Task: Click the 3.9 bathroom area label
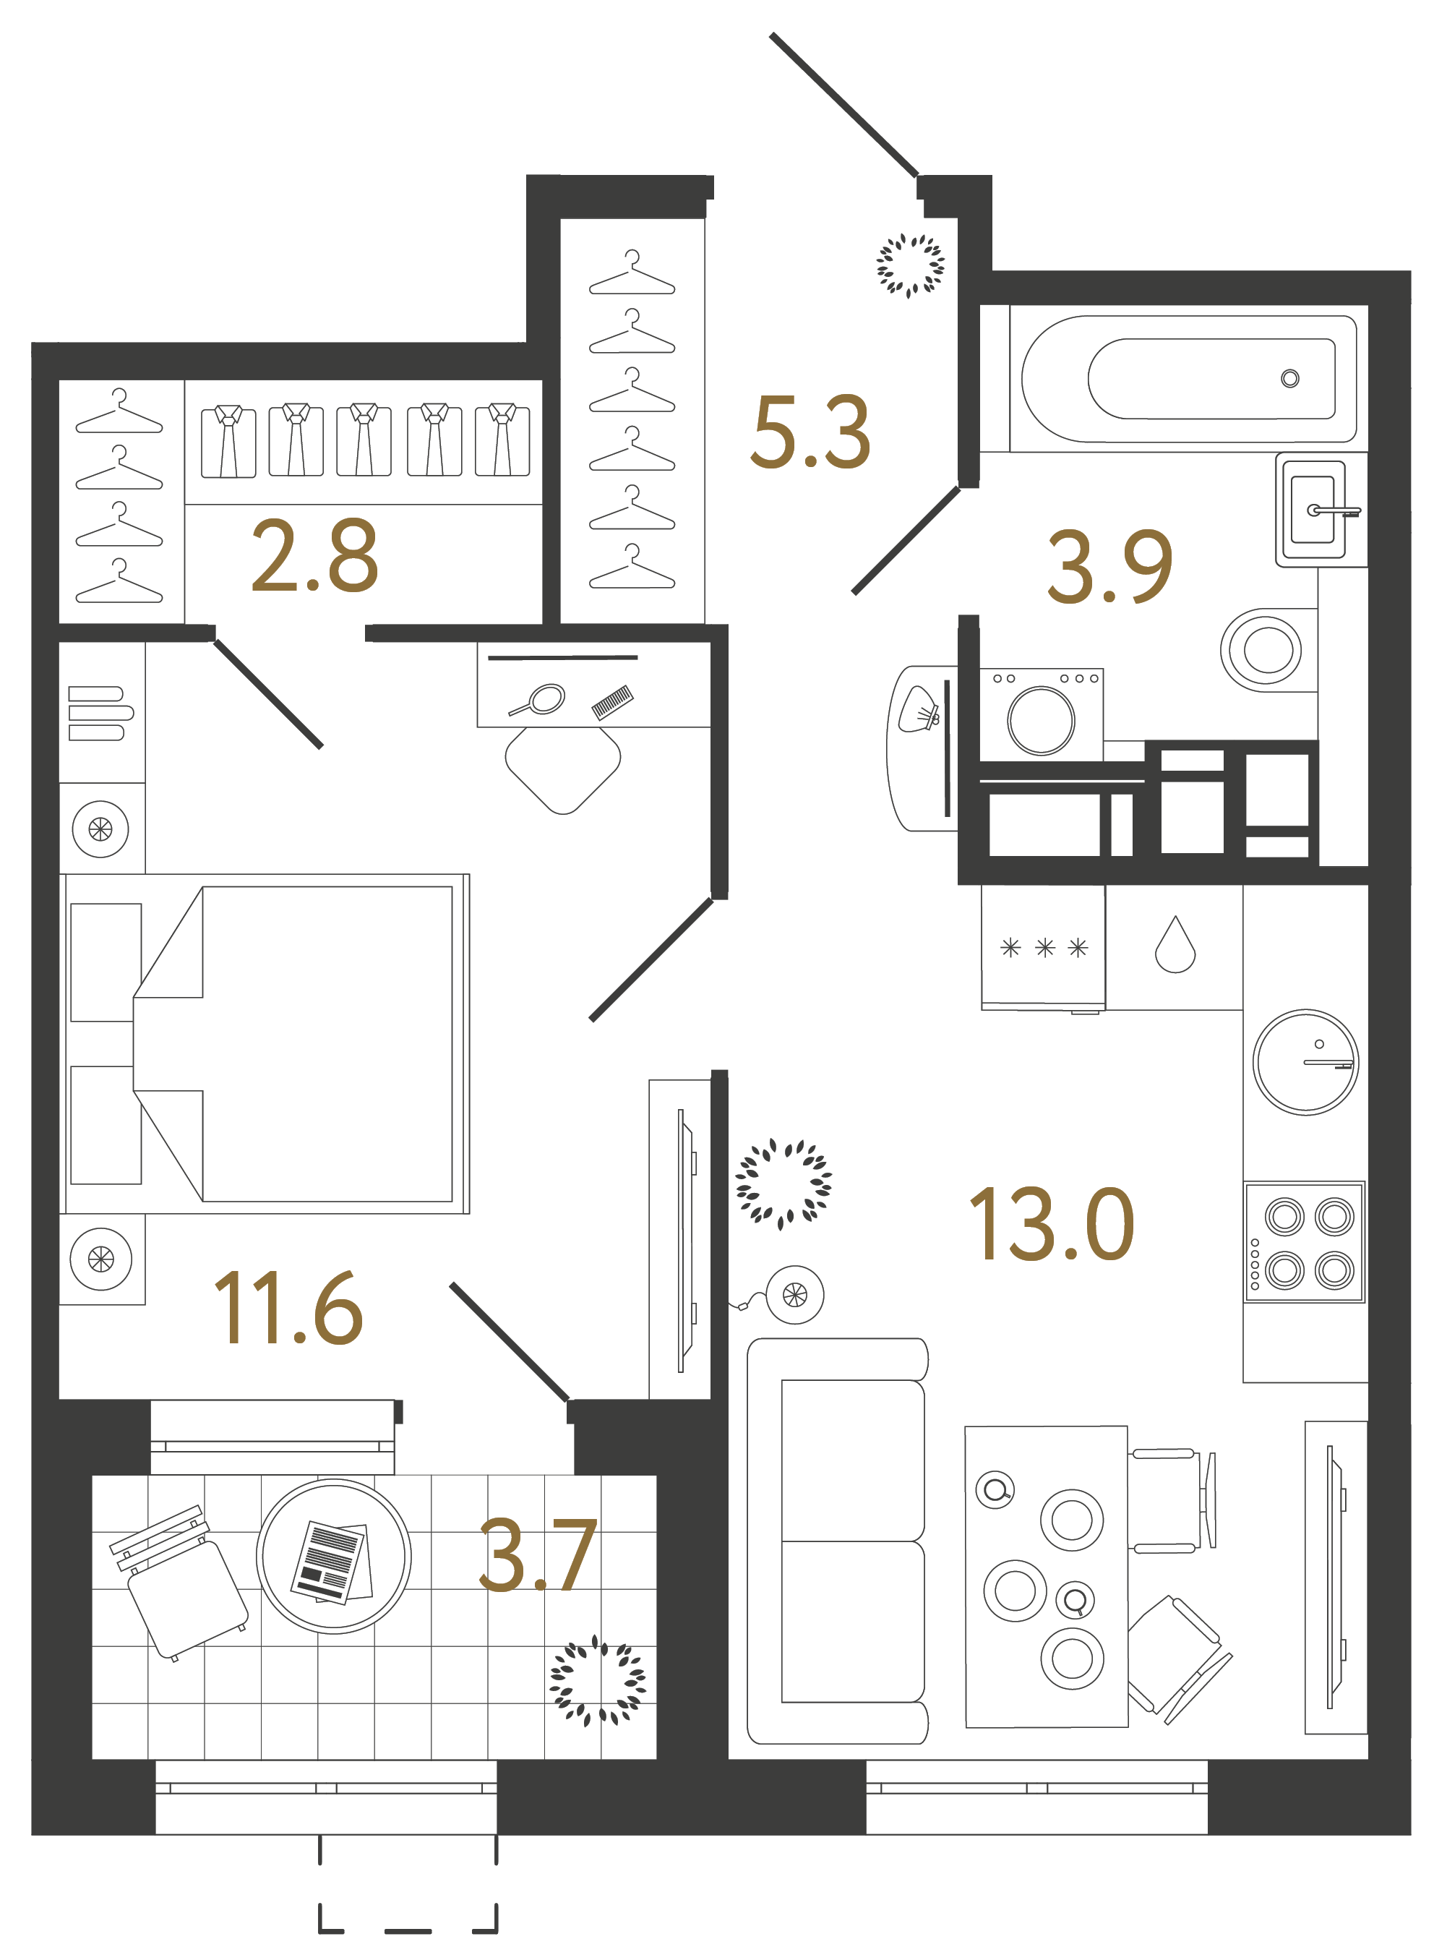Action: click(1110, 567)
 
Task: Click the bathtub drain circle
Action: click(1290, 378)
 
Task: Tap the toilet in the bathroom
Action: click(1264, 649)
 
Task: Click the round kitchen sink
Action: click(1305, 1061)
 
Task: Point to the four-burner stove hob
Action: click(1304, 1242)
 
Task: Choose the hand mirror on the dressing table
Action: click(539, 700)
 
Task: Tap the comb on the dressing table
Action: click(612, 702)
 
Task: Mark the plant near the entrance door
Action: click(910, 265)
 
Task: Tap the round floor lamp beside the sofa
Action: click(794, 1294)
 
